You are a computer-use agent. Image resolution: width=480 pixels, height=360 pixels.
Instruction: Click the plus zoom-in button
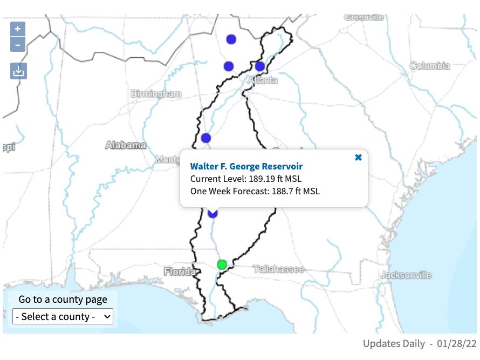pos(18,29)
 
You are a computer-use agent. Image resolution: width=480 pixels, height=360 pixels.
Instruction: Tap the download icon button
pos(18,71)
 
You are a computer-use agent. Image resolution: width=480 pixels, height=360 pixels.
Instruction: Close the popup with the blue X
pos(358,158)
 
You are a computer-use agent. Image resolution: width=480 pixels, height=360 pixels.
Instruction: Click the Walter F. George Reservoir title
pos(246,166)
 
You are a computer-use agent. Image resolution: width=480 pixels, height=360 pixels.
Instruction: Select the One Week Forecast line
pos(255,191)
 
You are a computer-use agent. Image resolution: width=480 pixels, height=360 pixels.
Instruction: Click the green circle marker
pos(222,264)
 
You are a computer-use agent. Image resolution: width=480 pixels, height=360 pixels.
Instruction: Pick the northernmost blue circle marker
pos(231,39)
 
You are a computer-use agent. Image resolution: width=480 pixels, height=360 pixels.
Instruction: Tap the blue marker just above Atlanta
pos(260,66)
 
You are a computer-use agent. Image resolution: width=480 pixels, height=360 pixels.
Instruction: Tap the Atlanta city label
pos(263,80)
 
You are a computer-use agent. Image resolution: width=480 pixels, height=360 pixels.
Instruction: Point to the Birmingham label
pos(156,94)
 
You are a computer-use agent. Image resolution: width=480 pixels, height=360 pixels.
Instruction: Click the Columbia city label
pos(430,66)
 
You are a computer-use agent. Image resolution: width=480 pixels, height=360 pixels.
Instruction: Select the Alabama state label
pos(126,145)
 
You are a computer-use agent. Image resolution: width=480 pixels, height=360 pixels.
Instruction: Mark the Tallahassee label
pos(278,269)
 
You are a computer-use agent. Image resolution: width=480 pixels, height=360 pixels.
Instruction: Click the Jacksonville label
pos(406,275)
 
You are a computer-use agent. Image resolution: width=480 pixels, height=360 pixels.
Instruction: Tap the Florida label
pos(180,271)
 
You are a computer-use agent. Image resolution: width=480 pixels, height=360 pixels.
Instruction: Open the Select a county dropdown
pos(63,316)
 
